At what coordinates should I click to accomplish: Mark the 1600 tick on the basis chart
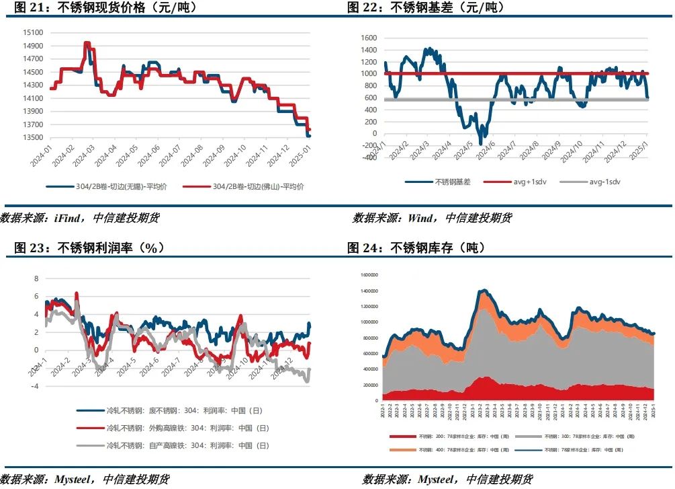371,38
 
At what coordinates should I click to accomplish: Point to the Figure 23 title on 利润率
89,248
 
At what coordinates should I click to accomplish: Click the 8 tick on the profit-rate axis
38,278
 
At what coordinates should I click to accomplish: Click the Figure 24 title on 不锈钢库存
416,248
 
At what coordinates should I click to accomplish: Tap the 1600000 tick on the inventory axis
370,274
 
